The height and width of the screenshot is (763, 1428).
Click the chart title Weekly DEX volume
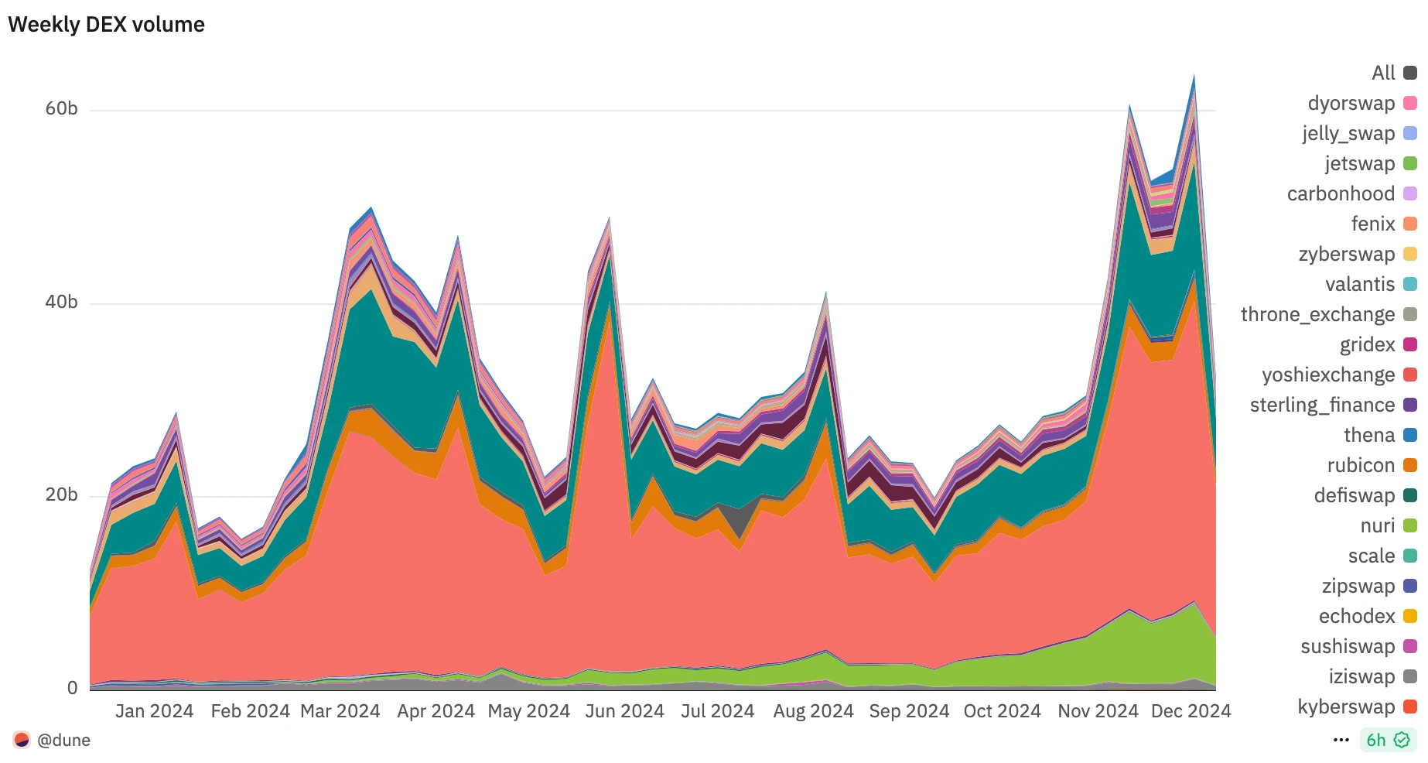(106, 25)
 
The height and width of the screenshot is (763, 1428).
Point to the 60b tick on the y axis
(61, 108)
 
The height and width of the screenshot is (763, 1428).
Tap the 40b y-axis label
(61, 302)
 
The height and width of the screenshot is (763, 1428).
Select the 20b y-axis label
(61, 495)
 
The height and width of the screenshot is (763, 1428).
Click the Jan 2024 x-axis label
(154, 711)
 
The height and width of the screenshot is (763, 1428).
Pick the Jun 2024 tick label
(624, 711)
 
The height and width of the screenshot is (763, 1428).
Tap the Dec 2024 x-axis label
(1191, 711)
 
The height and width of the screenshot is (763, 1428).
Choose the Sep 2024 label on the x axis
(909, 711)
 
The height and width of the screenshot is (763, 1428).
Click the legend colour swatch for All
(1410, 73)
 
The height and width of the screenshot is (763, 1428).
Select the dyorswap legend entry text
(1351, 103)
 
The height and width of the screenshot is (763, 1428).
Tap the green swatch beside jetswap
(1410, 163)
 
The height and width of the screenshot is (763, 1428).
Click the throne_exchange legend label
(1317, 314)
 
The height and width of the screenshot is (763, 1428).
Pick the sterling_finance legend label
(1322, 405)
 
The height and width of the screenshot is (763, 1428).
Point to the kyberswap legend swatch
(1410, 707)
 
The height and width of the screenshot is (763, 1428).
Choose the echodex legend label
(1356, 616)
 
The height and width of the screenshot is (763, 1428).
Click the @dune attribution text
(63, 741)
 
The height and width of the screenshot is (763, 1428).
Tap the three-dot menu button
(1341, 741)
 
